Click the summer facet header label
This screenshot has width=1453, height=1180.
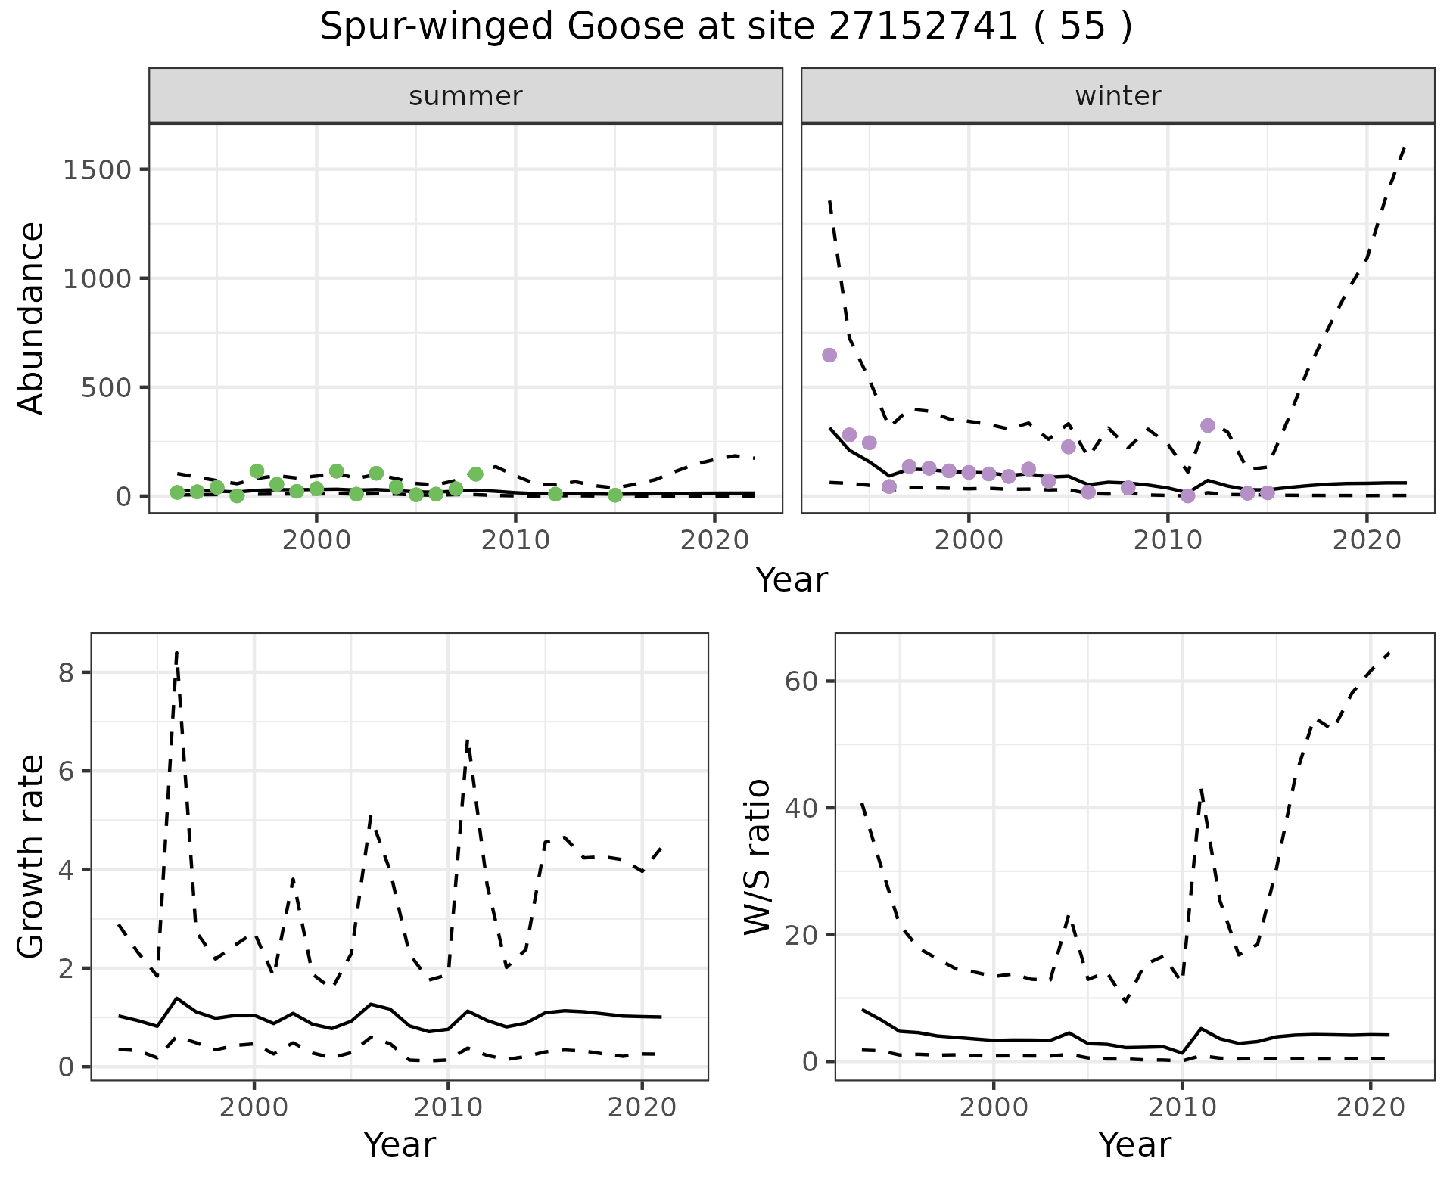click(x=465, y=96)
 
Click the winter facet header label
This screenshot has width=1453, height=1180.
click(x=1118, y=96)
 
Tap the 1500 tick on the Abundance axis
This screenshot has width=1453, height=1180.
click(x=98, y=169)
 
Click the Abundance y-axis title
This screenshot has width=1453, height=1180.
click(x=32, y=318)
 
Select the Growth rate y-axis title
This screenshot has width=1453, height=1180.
click(x=32, y=857)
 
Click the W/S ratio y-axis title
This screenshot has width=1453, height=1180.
click(x=758, y=857)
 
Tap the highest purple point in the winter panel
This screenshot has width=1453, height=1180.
click(x=829, y=355)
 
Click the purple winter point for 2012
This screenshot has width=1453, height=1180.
click(x=1208, y=425)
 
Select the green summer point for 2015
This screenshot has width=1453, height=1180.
click(x=615, y=495)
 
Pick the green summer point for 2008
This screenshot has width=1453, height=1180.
click(x=476, y=474)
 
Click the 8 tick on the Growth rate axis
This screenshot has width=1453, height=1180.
click(x=66, y=672)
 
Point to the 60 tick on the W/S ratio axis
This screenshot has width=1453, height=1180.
click(x=801, y=681)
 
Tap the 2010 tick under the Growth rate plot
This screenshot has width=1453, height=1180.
click(x=448, y=1108)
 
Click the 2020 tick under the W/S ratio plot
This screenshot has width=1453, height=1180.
click(x=1371, y=1108)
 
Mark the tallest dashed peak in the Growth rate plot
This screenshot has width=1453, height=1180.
click(x=176, y=653)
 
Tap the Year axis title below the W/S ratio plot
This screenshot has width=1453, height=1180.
click(x=1134, y=1144)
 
